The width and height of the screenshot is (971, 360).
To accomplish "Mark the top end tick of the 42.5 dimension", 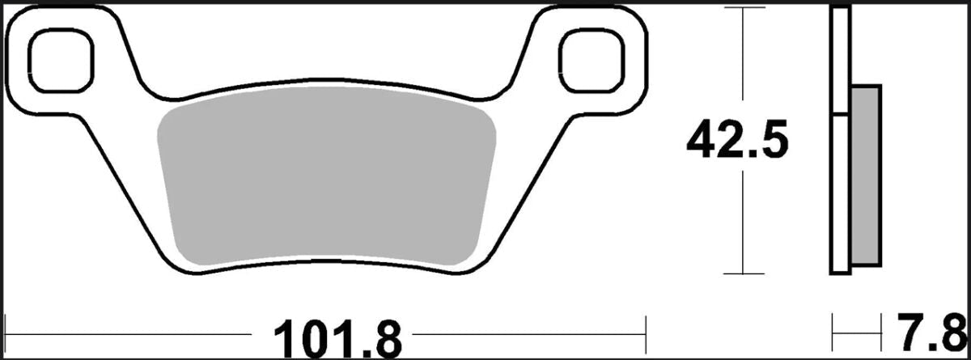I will [743, 7].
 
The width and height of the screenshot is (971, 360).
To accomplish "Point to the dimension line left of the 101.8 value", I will [138, 332].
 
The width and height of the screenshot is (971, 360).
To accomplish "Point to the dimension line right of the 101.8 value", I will [526, 332].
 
